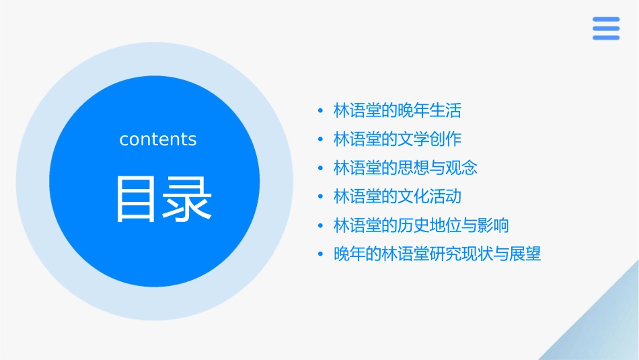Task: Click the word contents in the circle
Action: click(x=158, y=139)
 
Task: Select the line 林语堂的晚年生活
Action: click(x=398, y=110)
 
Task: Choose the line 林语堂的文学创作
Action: click(x=398, y=139)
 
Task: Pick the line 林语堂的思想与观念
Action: click(x=406, y=168)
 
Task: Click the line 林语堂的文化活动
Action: click(x=398, y=196)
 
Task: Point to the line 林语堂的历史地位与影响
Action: click(x=421, y=225)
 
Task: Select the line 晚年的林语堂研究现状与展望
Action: click(x=437, y=254)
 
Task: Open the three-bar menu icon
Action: click(x=606, y=28)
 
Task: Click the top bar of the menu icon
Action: click(x=606, y=19)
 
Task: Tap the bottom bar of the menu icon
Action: click(x=606, y=38)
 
